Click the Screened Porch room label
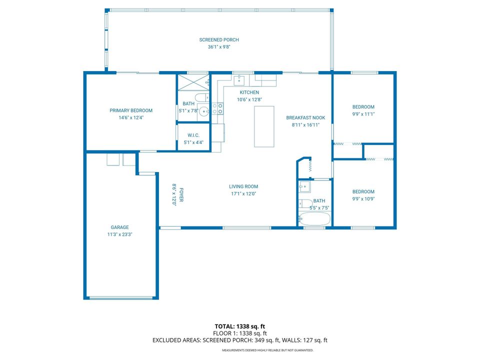click(219, 40)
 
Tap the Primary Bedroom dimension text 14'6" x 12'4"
click(131, 118)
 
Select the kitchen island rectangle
click(264, 126)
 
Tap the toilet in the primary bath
click(199, 97)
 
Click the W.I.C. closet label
click(193, 135)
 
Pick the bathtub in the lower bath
click(314, 219)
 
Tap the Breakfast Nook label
click(305, 118)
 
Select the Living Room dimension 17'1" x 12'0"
click(244, 194)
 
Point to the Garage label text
click(119, 227)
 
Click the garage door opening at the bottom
click(121, 298)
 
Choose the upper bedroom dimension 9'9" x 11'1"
click(363, 114)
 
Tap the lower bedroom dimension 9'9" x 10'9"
click(363, 198)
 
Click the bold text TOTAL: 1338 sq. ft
click(240, 326)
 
